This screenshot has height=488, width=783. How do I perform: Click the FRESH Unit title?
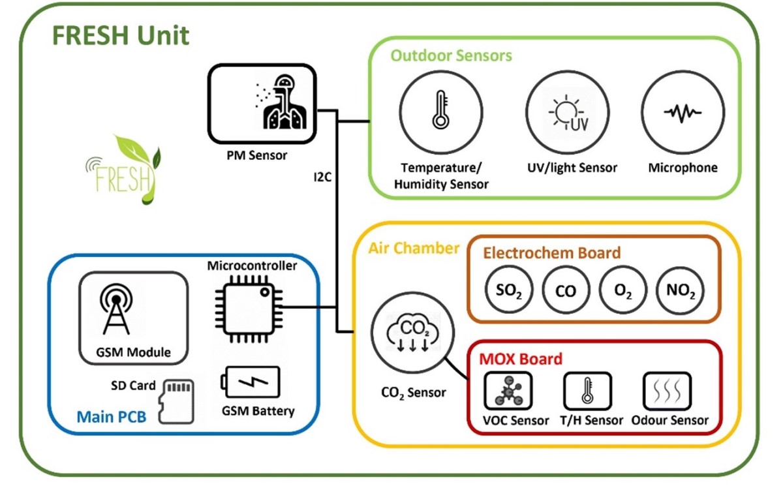(x=121, y=35)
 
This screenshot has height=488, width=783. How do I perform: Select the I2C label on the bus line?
(x=323, y=177)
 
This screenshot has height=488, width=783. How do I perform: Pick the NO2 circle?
(x=681, y=290)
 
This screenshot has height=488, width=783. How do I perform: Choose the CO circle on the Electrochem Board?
(x=566, y=290)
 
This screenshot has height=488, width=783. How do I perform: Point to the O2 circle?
(x=623, y=290)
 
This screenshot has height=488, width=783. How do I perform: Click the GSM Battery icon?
(x=252, y=382)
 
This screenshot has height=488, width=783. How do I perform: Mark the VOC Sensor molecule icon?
(x=507, y=391)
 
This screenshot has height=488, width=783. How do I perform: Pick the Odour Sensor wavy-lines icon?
(x=667, y=391)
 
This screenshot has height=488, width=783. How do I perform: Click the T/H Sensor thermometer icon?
(x=587, y=391)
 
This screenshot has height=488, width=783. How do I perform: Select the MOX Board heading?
(x=521, y=359)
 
